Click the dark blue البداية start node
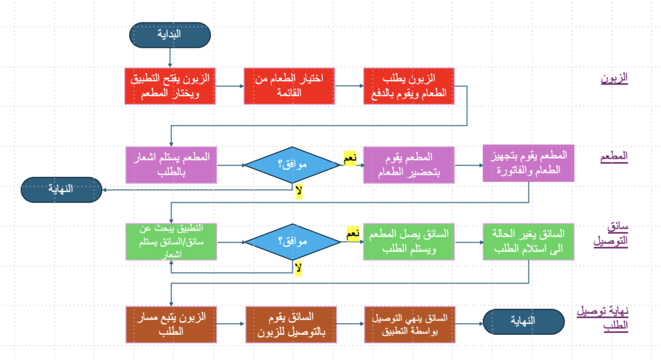(170, 35)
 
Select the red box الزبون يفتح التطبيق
(170, 86)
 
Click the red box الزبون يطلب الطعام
(409, 86)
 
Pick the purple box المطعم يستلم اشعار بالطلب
(170, 165)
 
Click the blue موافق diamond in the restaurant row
(292, 165)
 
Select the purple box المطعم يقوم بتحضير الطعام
(409, 165)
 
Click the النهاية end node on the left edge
(61, 189)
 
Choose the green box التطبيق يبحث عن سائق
(170, 242)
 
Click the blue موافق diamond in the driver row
(292, 243)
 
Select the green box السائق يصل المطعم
(409, 242)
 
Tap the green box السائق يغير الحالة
(529, 242)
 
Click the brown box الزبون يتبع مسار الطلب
(170, 324)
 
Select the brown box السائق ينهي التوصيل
(409, 324)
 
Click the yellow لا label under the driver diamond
(298, 268)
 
